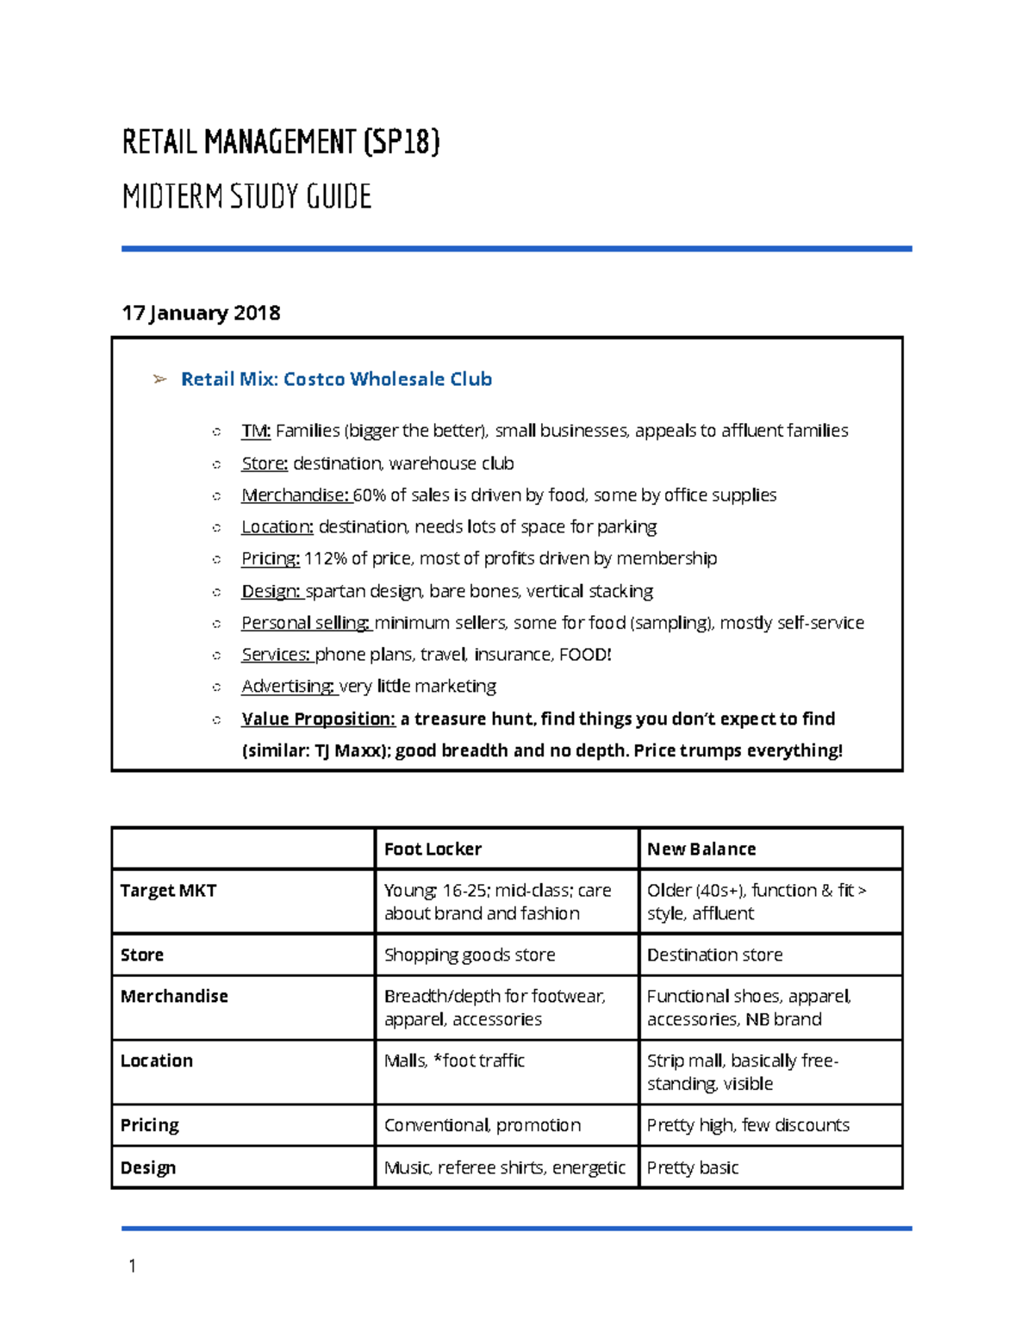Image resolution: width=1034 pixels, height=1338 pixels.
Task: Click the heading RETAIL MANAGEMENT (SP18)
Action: [x=281, y=142]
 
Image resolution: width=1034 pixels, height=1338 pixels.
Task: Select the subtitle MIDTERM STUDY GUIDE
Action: [x=246, y=197]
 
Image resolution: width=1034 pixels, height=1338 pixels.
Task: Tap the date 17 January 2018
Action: [x=201, y=313]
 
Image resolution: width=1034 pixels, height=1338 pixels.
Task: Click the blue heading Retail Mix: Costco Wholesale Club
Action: [x=336, y=379]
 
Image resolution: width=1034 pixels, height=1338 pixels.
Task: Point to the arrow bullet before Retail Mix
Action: [x=159, y=379]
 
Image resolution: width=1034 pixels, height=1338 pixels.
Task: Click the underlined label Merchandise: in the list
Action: [x=295, y=495]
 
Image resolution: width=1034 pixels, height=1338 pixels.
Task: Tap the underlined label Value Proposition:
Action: [x=318, y=719]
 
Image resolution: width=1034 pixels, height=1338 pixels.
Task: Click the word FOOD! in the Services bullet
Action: [x=585, y=655]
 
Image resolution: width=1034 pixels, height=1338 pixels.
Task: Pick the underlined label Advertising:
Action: [x=288, y=687]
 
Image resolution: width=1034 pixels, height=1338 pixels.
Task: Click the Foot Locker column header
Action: [x=433, y=849]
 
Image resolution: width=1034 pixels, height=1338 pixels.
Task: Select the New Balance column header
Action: [x=701, y=849]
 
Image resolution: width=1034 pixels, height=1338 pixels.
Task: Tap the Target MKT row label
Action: [x=168, y=891]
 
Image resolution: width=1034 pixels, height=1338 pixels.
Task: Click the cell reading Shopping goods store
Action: [x=470, y=955]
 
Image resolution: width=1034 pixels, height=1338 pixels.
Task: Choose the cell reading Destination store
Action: [x=714, y=955]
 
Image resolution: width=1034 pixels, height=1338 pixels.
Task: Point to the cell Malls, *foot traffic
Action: [x=454, y=1061]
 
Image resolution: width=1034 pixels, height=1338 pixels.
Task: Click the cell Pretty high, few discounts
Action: [x=748, y=1126]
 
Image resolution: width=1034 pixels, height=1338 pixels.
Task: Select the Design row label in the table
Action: [x=148, y=1168]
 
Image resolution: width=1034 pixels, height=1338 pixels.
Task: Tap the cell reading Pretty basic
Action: [x=693, y=1168]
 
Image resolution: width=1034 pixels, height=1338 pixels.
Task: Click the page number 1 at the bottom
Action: [x=132, y=1266]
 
